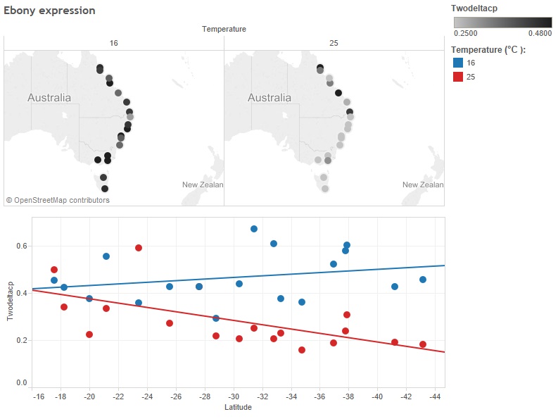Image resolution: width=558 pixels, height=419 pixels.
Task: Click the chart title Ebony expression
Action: pyautogui.click(x=49, y=11)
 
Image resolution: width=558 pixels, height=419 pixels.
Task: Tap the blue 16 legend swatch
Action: pyautogui.click(x=457, y=63)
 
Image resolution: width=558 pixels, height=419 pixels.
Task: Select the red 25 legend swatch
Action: pyautogui.click(x=457, y=77)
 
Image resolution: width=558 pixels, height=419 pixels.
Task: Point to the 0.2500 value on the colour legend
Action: pyautogui.click(x=464, y=33)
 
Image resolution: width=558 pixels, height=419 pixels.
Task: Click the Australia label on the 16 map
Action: pyautogui.click(x=49, y=98)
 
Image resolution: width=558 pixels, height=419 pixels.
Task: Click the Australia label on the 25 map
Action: pyautogui.click(x=270, y=98)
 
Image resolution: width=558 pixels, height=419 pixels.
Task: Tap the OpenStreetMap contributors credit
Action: pyautogui.click(x=58, y=200)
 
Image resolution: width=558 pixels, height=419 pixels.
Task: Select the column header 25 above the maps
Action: pyautogui.click(x=334, y=44)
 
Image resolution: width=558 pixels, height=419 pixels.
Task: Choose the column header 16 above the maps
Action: pyautogui.click(x=114, y=44)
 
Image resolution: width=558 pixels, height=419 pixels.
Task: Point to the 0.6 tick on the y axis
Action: pyautogui.click(x=23, y=246)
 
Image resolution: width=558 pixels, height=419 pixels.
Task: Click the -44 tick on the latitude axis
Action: pyautogui.click(x=436, y=396)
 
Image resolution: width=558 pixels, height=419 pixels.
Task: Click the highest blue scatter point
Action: pyautogui.click(x=254, y=229)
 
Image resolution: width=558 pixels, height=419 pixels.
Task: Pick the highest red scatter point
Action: pyautogui.click(x=139, y=248)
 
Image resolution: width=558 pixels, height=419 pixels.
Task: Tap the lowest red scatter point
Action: pyautogui.click(x=302, y=350)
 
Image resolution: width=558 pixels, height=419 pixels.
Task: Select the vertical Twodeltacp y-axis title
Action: pyautogui.click(x=11, y=301)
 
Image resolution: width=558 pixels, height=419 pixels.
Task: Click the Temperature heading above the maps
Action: pyautogui.click(x=224, y=29)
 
